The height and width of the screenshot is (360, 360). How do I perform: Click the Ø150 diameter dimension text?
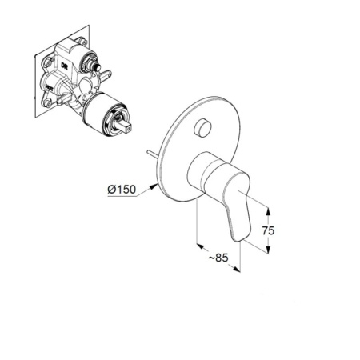click(x=122, y=190)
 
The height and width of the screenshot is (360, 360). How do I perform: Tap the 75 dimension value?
click(x=268, y=230)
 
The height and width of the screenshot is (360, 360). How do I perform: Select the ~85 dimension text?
click(x=218, y=258)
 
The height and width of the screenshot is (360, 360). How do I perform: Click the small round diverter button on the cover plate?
click(x=202, y=127)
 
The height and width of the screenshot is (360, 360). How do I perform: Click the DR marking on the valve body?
click(x=65, y=65)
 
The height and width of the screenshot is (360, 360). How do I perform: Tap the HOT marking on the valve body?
click(x=50, y=86)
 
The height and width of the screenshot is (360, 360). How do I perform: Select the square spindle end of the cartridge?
click(x=126, y=126)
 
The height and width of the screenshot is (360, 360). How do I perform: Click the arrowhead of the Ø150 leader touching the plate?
click(x=154, y=186)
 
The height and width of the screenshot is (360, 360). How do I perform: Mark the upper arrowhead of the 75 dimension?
click(x=268, y=211)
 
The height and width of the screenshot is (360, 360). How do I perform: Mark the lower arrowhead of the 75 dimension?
click(x=268, y=250)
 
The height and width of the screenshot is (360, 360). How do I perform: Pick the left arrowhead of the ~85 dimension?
click(x=200, y=246)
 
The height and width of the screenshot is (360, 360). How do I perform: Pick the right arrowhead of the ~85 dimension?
click(x=237, y=269)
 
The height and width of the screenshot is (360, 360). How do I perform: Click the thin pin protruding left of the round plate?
click(x=154, y=155)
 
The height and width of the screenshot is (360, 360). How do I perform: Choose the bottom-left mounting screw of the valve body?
click(x=48, y=103)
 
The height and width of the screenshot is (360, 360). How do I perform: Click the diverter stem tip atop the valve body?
click(x=98, y=67)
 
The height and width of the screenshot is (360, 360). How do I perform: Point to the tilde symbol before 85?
click(x=211, y=258)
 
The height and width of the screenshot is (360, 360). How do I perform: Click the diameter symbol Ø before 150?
click(x=112, y=190)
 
